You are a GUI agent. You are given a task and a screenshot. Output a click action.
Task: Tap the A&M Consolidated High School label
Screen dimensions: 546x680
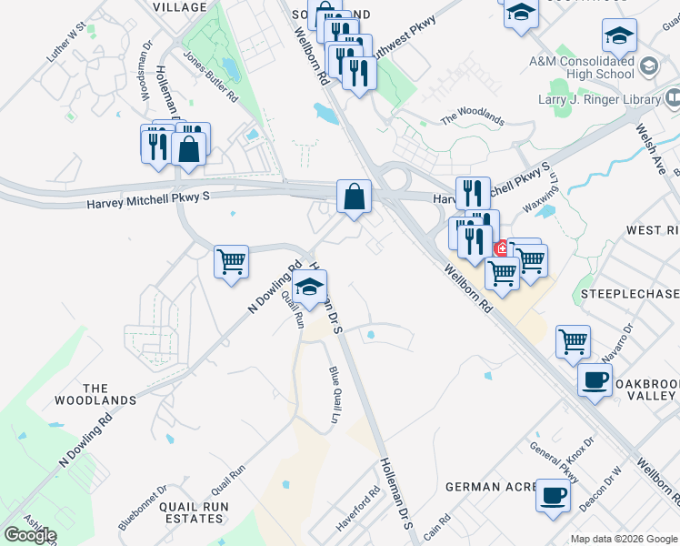pyautogui.click(x=581, y=67)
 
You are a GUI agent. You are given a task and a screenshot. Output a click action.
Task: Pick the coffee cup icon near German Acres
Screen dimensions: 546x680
pyautogui.click(x=552, y=496)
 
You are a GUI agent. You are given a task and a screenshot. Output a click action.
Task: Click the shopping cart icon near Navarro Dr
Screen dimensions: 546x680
pyautogui.click(x=573, y=342)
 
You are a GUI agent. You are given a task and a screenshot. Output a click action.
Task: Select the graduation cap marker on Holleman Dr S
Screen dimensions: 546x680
pyautogui.click(x=309, y=288)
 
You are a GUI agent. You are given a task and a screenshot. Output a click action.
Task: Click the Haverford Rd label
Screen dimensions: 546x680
pyautogui.click(x=358, y=515)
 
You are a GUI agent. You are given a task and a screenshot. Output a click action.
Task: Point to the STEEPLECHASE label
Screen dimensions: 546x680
pyautogui.click(x=628, y=294)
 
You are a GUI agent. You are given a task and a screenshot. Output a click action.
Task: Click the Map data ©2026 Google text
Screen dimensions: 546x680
pyautogui.click(x=623, y=539)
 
